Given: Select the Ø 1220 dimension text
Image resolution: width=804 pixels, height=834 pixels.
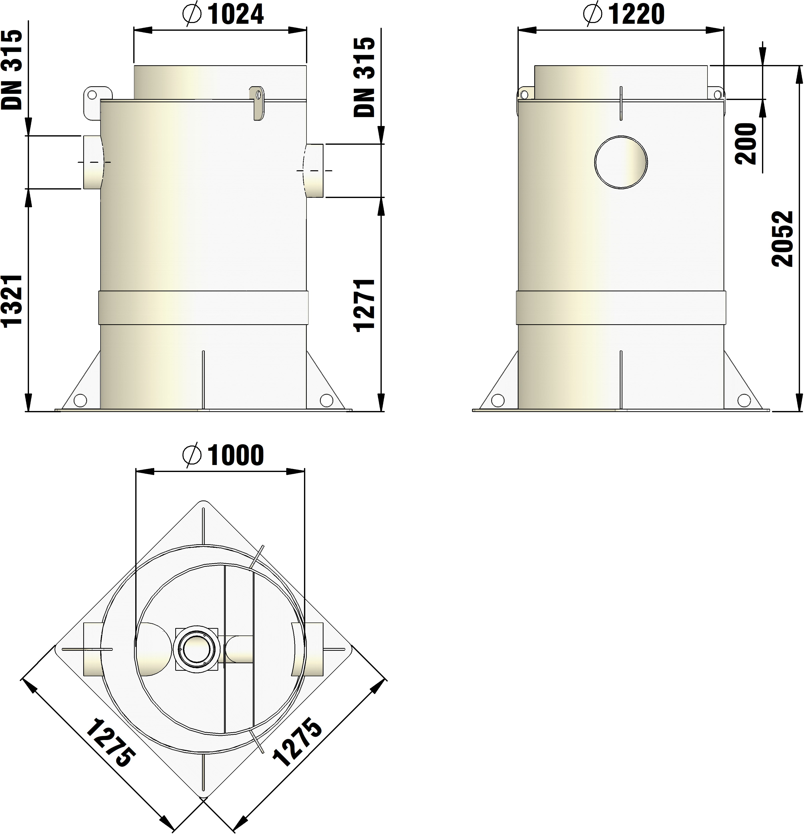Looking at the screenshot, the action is pyautogui.click(x=624, y=14).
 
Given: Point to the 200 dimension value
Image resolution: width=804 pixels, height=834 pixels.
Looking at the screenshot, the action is pyautogui.click(x=746, y=143).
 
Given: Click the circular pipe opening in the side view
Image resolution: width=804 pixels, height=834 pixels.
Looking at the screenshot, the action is pyautogui.click(x=621, y=162).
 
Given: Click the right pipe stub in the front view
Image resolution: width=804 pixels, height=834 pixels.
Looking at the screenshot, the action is pyautogui.click(x=314, y=171).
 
